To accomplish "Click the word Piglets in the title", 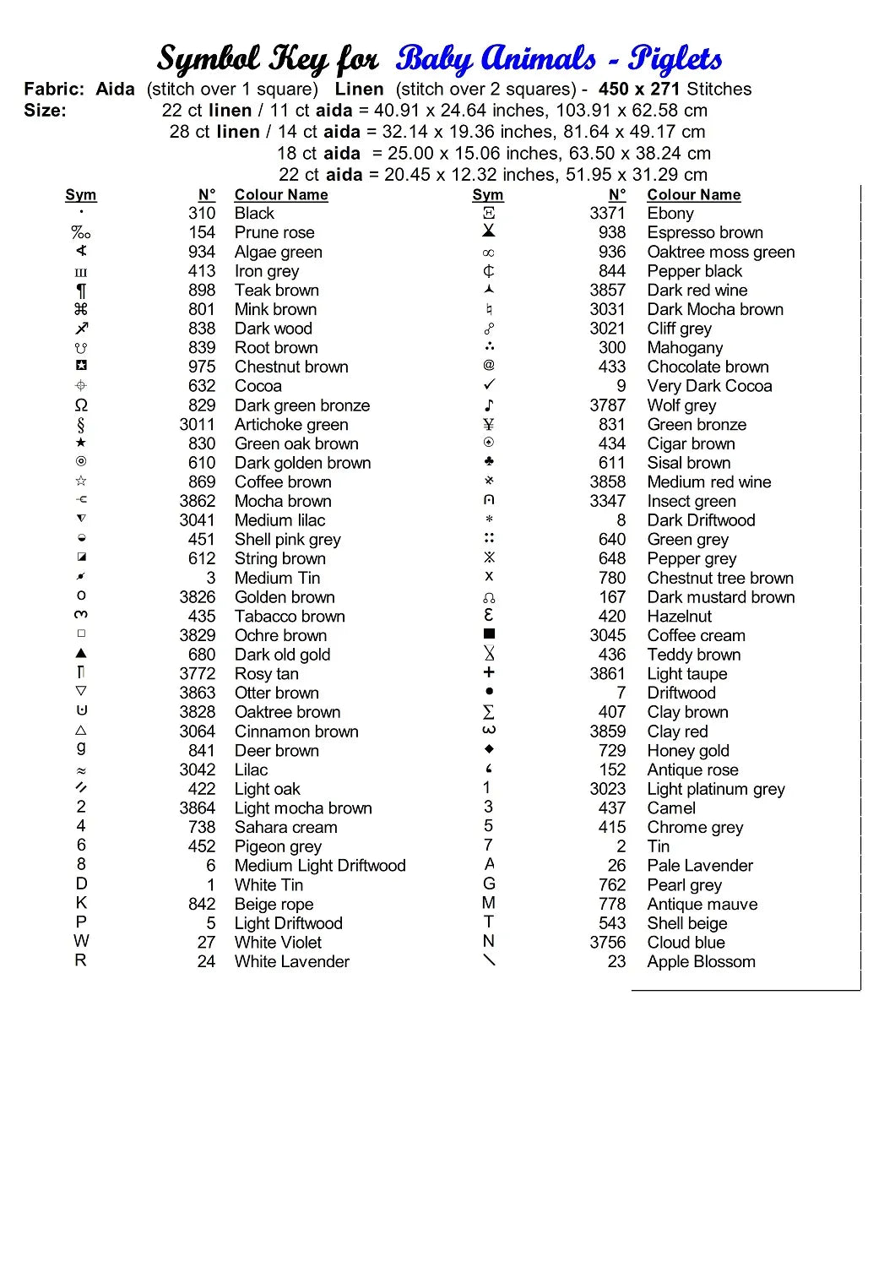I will [x=675, y=59].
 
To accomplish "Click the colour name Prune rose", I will [x=274, y=232].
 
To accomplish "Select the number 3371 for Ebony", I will [x=607, y=214].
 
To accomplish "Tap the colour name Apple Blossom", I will [x=701, y=961].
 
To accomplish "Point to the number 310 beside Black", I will [x=202, y=214].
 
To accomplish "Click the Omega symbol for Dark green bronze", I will [x=81, y=405].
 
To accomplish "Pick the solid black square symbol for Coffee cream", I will [x=489, y=633].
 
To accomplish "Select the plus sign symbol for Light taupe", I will [x=489, y=672].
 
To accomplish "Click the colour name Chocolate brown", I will [x=708, y=367].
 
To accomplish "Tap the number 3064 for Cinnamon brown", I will [x=197, y=731].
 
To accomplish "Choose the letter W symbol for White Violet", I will [x=81, y=941].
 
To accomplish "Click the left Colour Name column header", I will [x=281, y=195].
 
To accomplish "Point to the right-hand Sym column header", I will [x=488, y=195].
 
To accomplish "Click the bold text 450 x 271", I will [x=640, y=89].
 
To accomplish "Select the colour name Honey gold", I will [x=688, y=751].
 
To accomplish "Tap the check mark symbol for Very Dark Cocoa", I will [x=489, y=385].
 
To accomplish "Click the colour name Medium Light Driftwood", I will [x=320, y=866].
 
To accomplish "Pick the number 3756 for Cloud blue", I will [x=607, y=943].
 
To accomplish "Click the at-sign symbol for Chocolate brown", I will [x=489, y=365].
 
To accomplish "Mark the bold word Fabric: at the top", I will [x=54, y=89].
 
